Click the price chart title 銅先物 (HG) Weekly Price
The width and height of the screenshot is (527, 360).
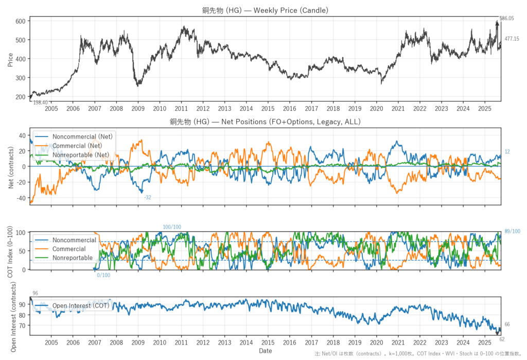tap(265, 10)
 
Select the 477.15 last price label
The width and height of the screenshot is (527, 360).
tap(512, 39)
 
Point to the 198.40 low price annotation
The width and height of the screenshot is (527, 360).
tap(41, 103)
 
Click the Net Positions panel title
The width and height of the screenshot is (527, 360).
tap(265, 122)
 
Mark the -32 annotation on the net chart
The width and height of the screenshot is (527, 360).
tap(148, 198)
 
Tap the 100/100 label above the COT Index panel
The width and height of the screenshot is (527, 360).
tap(172, 227)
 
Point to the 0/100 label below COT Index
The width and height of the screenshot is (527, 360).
tap(103, 275)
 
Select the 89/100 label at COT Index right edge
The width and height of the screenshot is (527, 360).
tap(513, 231)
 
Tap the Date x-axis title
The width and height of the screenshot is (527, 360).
tap(266, 351)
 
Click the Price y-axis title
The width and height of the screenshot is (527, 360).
tap(10, 60)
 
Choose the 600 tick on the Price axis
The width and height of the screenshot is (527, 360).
tap(20, 21)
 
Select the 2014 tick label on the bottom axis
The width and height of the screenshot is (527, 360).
tap(246, 342)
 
